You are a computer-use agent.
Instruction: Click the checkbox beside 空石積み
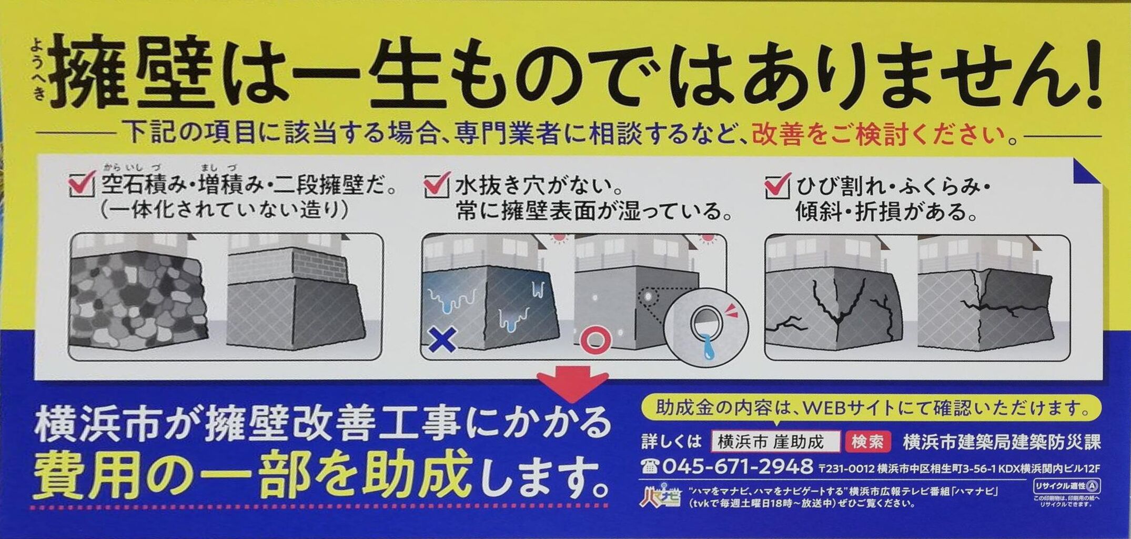tap(82, 184)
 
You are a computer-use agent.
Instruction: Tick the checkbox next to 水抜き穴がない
tap(436, 184)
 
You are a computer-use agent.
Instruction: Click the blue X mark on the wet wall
tap(442, 340)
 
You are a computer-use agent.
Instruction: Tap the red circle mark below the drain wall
tap(595, 340)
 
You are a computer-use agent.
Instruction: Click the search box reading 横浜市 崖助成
tap(775, 442)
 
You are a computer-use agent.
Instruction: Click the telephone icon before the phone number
tap(650, 466)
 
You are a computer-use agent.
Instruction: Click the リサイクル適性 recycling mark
tap(1067, 485)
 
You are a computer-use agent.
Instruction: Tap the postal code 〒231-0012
tap(846, 468)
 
